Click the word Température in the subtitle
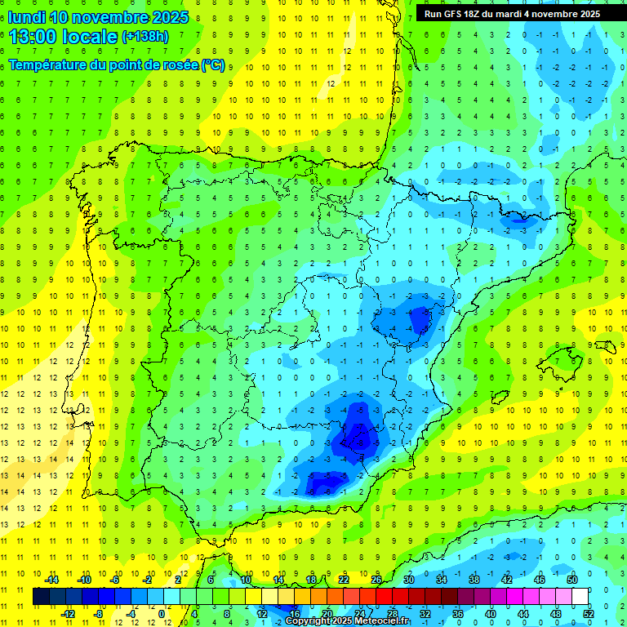click(x=47, y=64)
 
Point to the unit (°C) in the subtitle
click(x=213, y=64)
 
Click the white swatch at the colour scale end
click(x=580, y=597)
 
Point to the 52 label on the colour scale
click(x=589, y=614)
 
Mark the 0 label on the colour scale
click(x=162, y=614)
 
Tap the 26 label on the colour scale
click(x=376, y=580)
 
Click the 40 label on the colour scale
click(x=490, y=614)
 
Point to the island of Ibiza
click(x=499, y=397)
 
